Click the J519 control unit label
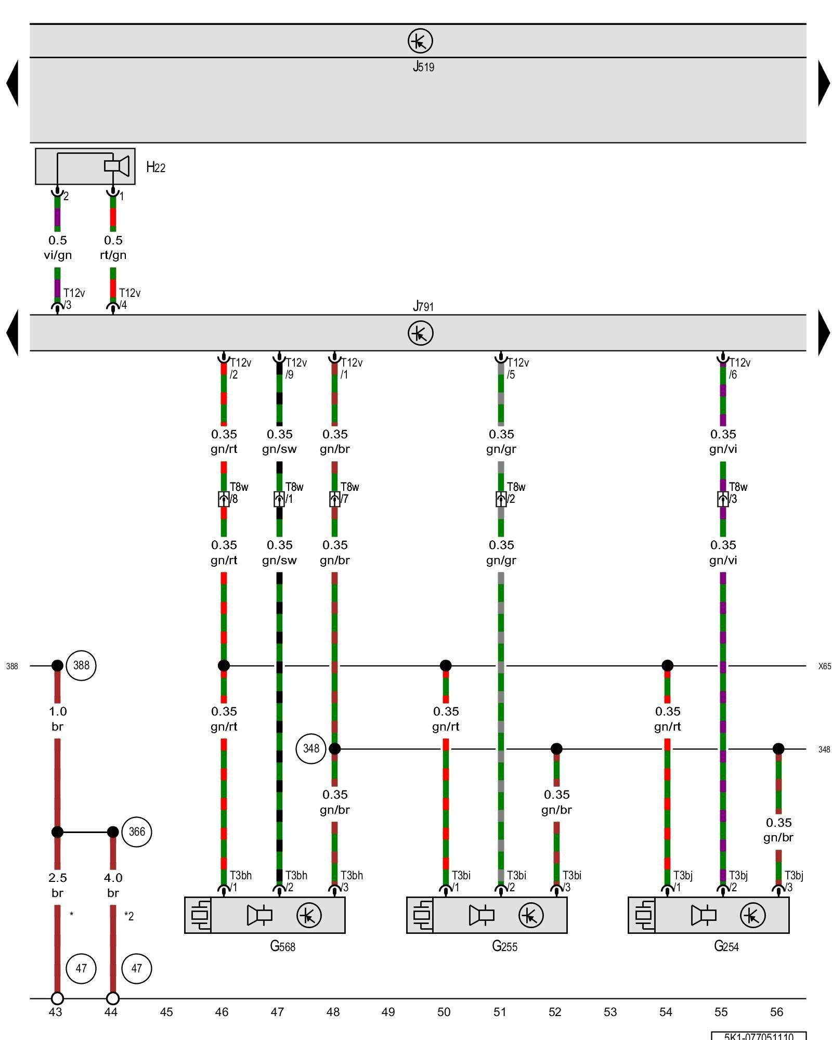tap(423, 67)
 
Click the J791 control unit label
tap(423, 306)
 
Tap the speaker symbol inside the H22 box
tap(117, 166)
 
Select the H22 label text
tap(155, 167)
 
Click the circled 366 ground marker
tap(137, 832)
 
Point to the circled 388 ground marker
tap(82, 665)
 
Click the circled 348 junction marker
tap(311, 748)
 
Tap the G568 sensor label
tap(282, 946)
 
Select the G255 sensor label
tap(504, 946)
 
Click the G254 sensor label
tap(726, 946)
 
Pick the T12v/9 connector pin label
tap(295, 368)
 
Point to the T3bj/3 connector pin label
tap(794, 881)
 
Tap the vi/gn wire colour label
tap(57, 255)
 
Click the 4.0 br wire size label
tap(113, 885)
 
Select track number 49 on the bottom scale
tap(388, 1012)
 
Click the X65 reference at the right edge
tap(824, 666)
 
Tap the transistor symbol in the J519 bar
tap(420, 41)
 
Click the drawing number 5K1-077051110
tap(759, 1036)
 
